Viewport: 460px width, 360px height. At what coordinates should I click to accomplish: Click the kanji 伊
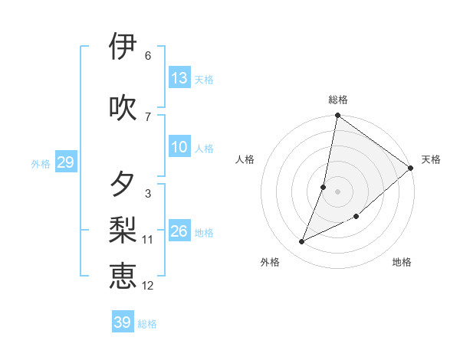click(123, 47)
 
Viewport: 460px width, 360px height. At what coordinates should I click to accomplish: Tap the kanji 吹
click(123, 106)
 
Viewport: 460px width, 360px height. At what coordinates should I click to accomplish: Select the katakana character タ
click(123, 184)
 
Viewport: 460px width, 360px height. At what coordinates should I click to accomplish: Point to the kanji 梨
click(123, 229)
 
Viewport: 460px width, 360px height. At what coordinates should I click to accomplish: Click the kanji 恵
click(123, 275)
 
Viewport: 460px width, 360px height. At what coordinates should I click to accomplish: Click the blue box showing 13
click(179, 78)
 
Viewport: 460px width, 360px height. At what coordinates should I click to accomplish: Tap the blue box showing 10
click(179, 147)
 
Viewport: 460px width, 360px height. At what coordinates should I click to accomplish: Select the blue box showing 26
click(179, 231)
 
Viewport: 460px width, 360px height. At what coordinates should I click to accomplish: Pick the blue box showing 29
click(65, 162)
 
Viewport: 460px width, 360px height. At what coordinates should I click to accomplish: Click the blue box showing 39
click(123, 322)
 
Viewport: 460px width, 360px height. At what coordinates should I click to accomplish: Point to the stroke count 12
click(148, 286)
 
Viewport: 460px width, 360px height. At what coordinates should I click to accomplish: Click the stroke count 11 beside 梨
click(148, 240)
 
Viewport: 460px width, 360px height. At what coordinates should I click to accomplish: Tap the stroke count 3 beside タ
click(147, 194)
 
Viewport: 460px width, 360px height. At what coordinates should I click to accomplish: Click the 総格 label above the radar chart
click(338, 100)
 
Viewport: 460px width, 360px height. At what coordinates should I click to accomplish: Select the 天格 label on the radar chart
click(431, 159)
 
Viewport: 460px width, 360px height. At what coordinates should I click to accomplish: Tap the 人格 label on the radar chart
click(245, 159)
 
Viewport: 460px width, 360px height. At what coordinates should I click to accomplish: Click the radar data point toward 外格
click(302, 242)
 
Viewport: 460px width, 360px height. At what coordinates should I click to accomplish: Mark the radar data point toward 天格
click(411, 168)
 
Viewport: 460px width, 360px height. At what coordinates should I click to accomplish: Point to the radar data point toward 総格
click(337, 116)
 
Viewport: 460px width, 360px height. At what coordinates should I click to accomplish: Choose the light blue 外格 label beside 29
click(41, 163)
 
